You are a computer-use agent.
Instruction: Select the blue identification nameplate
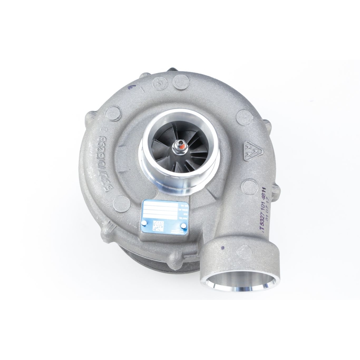[x=165, y=218]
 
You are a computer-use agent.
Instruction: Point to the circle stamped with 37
[x=159, y=82]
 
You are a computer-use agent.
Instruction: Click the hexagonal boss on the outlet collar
[x=246, y=250]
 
